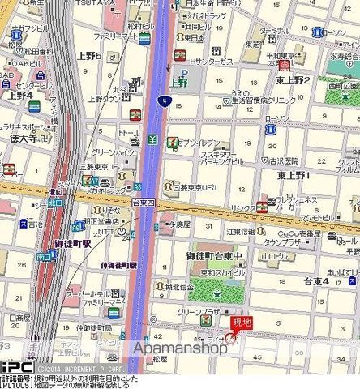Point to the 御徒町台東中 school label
215,257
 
